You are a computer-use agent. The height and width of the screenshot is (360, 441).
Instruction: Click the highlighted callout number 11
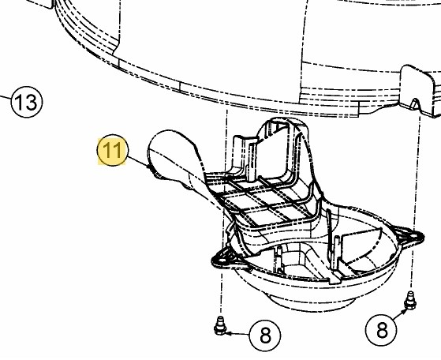click(112, 150)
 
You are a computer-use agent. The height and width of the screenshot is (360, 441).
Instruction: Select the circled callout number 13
click(27, 102)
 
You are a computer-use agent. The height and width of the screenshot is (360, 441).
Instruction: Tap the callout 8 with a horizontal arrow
click(265, 335)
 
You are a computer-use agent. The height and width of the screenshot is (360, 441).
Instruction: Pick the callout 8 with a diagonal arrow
click(381, 329)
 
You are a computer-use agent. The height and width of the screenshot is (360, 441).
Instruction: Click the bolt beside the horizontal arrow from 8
click(219, 326)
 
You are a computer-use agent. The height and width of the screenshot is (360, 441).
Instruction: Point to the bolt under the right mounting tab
click(410, 301)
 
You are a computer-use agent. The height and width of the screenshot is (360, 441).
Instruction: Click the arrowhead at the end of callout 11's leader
click(149, 167)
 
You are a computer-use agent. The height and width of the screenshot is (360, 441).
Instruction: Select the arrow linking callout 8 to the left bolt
click(237, 334)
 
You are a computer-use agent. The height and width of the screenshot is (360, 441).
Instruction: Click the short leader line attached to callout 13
click(6, 97)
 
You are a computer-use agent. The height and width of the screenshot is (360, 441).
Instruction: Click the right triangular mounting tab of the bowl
click(409, 235)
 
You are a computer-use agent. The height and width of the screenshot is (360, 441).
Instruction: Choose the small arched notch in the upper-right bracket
click(416, 103)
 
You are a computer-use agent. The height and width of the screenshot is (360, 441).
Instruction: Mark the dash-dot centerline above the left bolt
click(223, 211)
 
